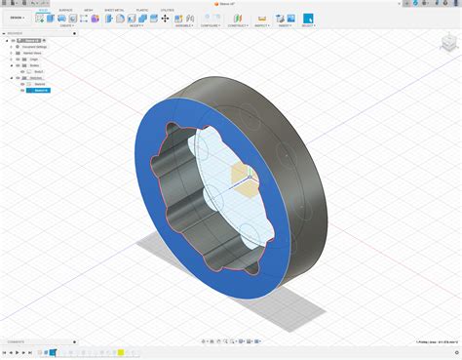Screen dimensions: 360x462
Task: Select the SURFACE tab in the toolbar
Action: coord(65,10)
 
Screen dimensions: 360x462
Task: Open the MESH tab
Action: coord(89,10)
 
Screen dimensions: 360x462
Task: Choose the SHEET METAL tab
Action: coord(115,10)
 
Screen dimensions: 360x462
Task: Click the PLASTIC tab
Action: coord(142,10)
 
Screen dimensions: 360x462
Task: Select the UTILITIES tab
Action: coord(166,10)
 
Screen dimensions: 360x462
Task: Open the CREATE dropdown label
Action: coord(65,25)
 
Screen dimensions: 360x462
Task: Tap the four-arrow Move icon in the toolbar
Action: coord(165,18)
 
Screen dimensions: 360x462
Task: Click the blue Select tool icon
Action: coord(308,18)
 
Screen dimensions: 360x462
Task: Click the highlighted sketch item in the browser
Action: coord(42,90)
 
